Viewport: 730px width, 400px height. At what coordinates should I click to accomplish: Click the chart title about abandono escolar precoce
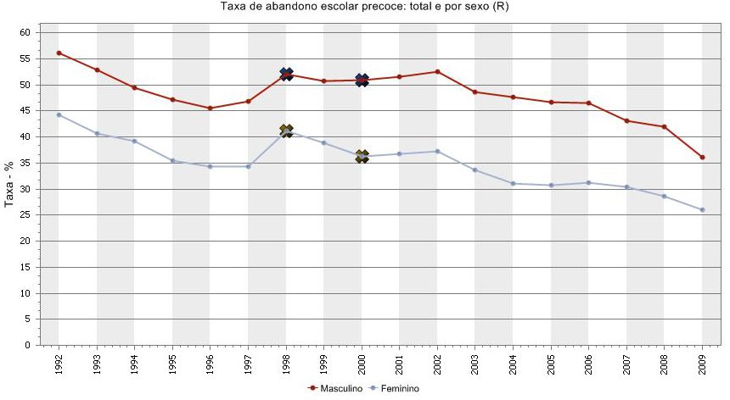point(364,7)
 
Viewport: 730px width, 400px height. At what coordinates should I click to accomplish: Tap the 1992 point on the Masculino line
point(59,53)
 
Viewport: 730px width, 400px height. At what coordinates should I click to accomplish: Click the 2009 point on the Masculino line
point(702,157)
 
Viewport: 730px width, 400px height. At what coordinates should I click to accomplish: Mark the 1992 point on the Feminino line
point(59,114)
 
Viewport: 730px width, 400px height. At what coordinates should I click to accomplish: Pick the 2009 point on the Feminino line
point(702,209)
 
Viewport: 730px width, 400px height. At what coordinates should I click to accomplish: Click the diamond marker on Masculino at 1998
point(286,75)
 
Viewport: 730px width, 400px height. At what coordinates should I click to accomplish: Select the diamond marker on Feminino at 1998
point(286,131)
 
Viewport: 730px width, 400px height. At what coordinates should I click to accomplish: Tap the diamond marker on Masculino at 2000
point(362,81)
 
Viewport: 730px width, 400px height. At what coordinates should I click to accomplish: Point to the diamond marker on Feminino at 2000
point(362,156)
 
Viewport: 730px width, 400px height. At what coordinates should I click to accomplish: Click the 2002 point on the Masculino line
point(437,71)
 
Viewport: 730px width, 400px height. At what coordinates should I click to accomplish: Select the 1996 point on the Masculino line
point(210,108)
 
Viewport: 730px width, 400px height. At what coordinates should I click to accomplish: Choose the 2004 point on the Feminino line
point(513,183)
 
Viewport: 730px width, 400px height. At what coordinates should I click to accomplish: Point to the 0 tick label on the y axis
point(27,346)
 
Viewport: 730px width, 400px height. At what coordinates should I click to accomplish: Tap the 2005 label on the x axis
point(551,364)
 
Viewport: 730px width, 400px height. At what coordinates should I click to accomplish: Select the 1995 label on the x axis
point(172,364)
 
